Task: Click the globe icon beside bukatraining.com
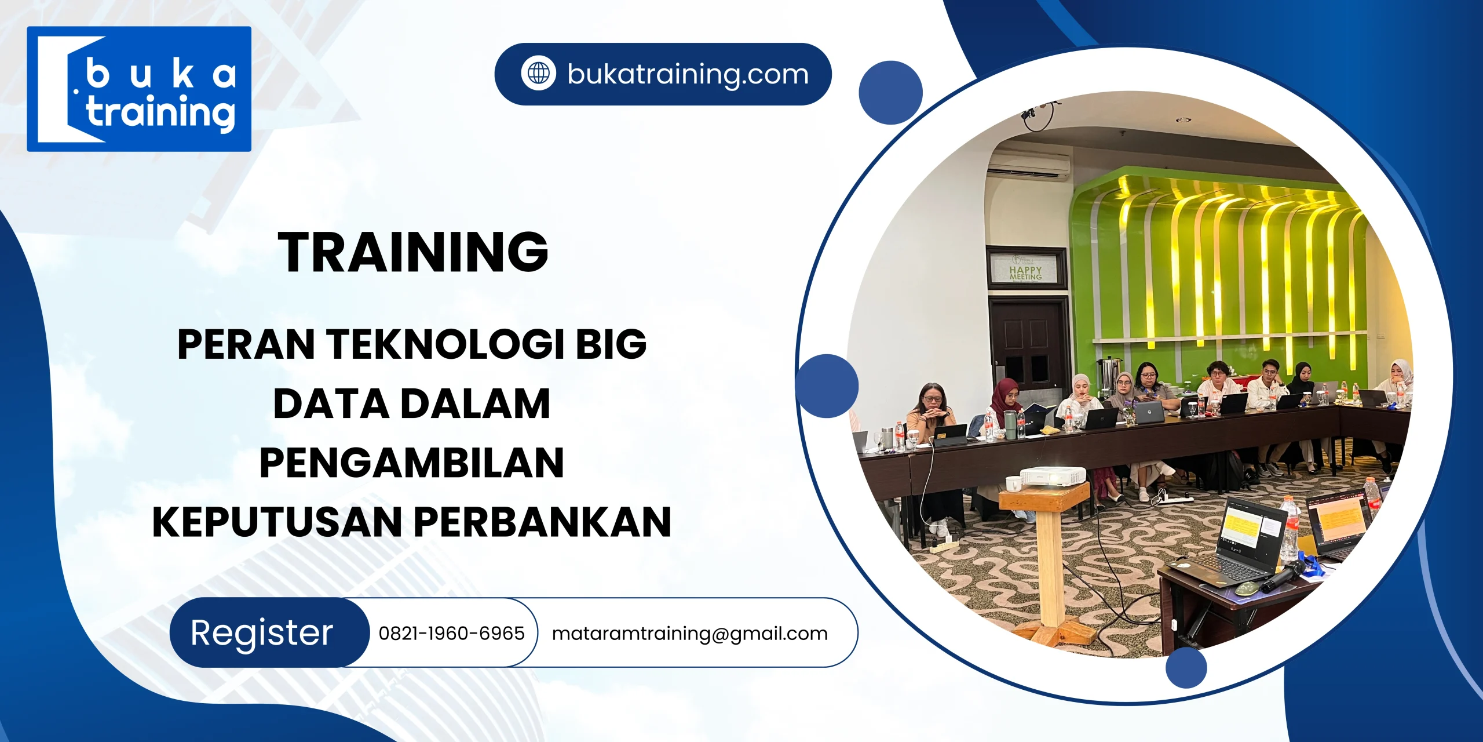coord(538,74)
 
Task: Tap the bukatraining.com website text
coord(688,74)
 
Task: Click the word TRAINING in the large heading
coord(413,252)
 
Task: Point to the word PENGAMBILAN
coord(412,463)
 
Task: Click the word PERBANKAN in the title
coord(543,522)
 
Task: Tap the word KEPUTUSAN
coord(277,522)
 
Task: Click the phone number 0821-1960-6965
coord(451,633)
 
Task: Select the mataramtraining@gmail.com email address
coord(689,633)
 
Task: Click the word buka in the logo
coord(160,75)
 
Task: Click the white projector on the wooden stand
coord(1052,475)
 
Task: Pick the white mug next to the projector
coord(1013,483)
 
